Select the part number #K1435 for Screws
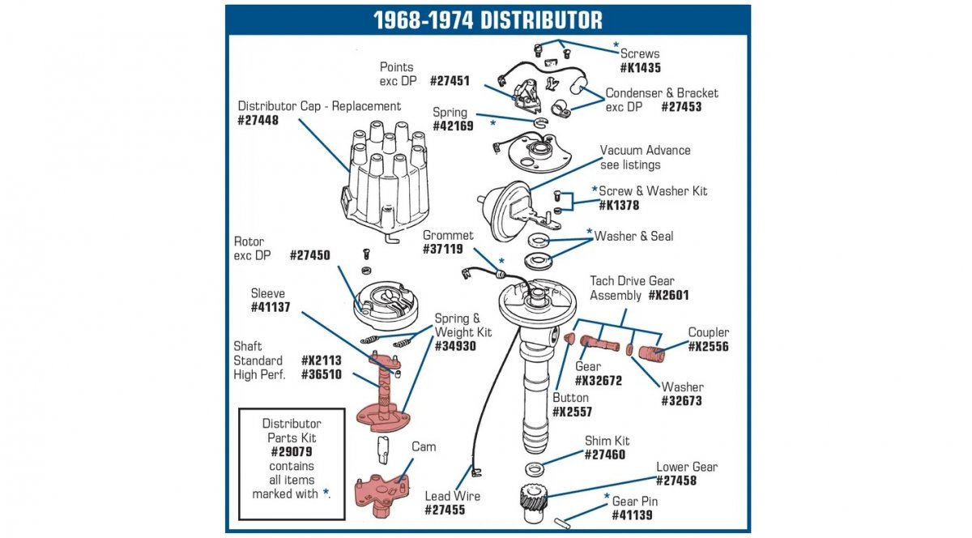(x=640, y=69)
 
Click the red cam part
(x=379, y=489)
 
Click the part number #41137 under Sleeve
(x=271, y=308)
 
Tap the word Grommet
(x=448, y=236)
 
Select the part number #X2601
(x=669, y=296)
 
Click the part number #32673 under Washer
(x=681, y=401)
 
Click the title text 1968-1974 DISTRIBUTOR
(x=488, y=19)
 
